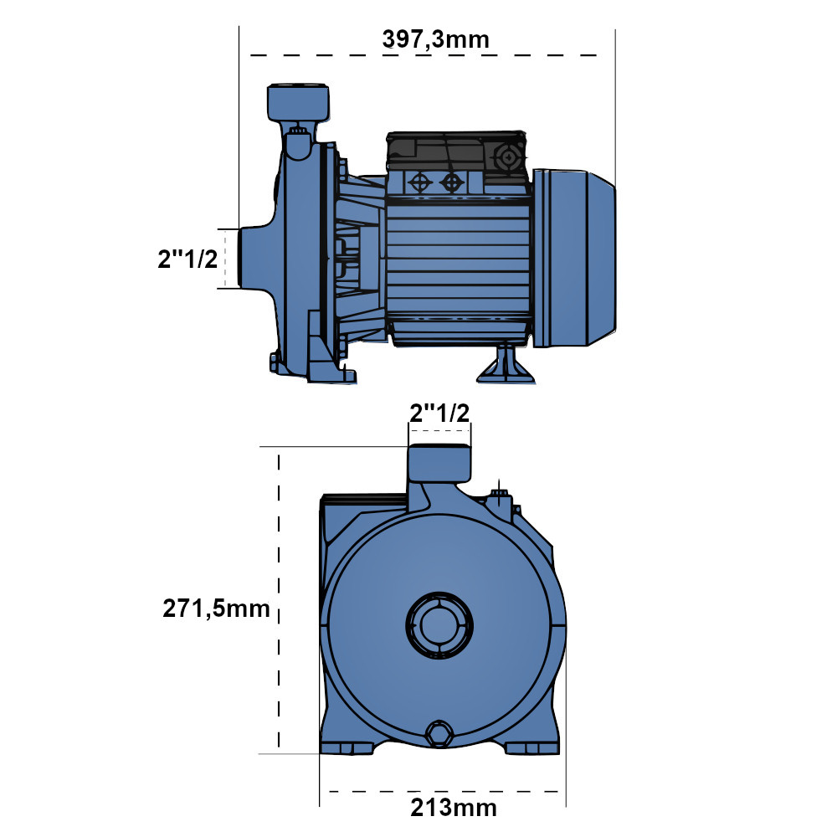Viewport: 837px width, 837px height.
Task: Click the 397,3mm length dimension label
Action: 435,40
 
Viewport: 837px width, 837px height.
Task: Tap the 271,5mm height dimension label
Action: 216,608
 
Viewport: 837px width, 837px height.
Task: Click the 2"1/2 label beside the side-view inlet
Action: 187,259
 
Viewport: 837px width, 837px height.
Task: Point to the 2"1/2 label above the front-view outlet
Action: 439,413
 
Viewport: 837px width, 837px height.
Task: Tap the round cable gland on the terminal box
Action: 508,157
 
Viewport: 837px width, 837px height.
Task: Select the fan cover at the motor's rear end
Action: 574,259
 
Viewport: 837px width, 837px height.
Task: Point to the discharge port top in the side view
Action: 298,102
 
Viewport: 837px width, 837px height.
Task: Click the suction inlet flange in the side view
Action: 256,259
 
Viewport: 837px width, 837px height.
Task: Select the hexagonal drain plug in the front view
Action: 439,733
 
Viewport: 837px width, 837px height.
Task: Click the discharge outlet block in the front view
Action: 439,463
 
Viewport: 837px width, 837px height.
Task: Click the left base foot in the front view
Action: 347,747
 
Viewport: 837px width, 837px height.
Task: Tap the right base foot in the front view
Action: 531,747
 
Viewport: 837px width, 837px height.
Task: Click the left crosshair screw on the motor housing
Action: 420,182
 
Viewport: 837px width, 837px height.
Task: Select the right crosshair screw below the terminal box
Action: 452,182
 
